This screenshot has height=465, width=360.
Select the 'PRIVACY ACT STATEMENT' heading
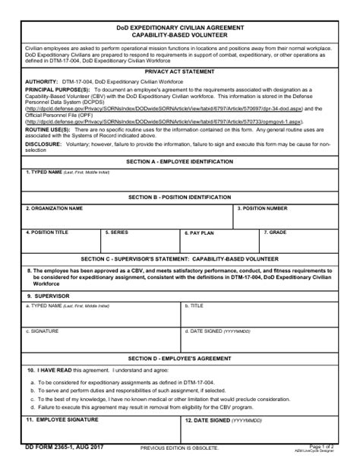[179, 71]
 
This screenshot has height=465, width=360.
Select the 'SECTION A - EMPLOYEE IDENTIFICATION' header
[179, 162]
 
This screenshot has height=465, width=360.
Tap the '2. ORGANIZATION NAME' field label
[54, 207]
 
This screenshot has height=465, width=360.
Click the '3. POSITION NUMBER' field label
[262, 207]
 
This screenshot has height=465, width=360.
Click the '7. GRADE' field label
[275, 232]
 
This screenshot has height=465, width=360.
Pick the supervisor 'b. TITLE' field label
[196, 305]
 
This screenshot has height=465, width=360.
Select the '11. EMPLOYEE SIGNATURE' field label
[63, 419]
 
